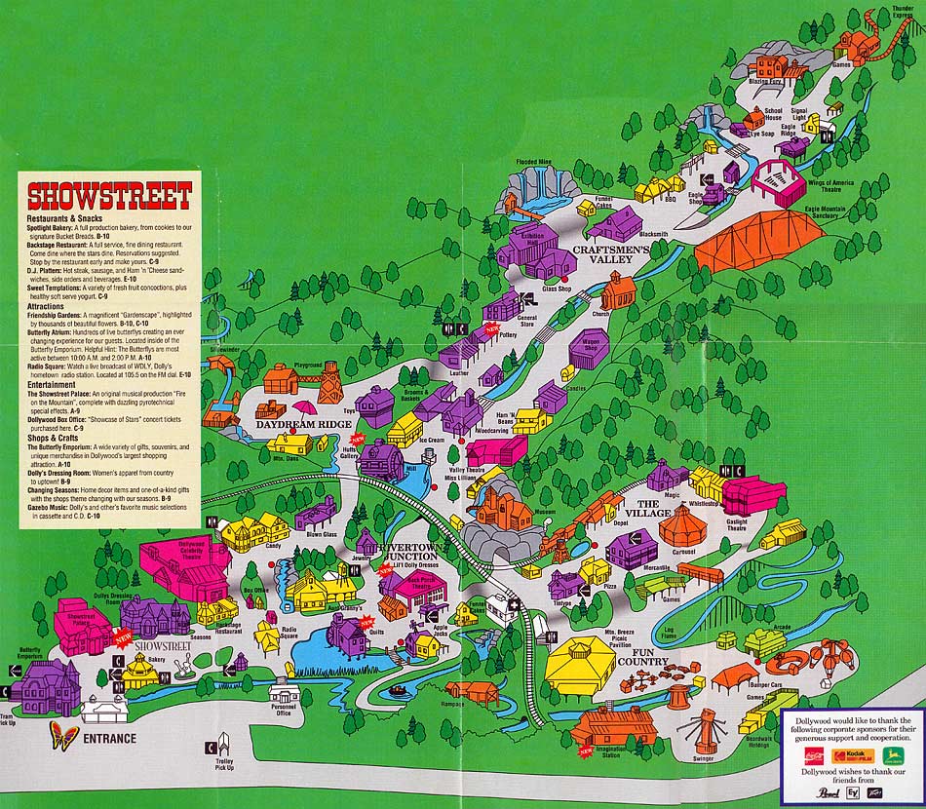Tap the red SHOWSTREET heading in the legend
108,196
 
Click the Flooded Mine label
534,162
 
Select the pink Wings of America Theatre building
777,182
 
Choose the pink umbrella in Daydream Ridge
305,408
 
